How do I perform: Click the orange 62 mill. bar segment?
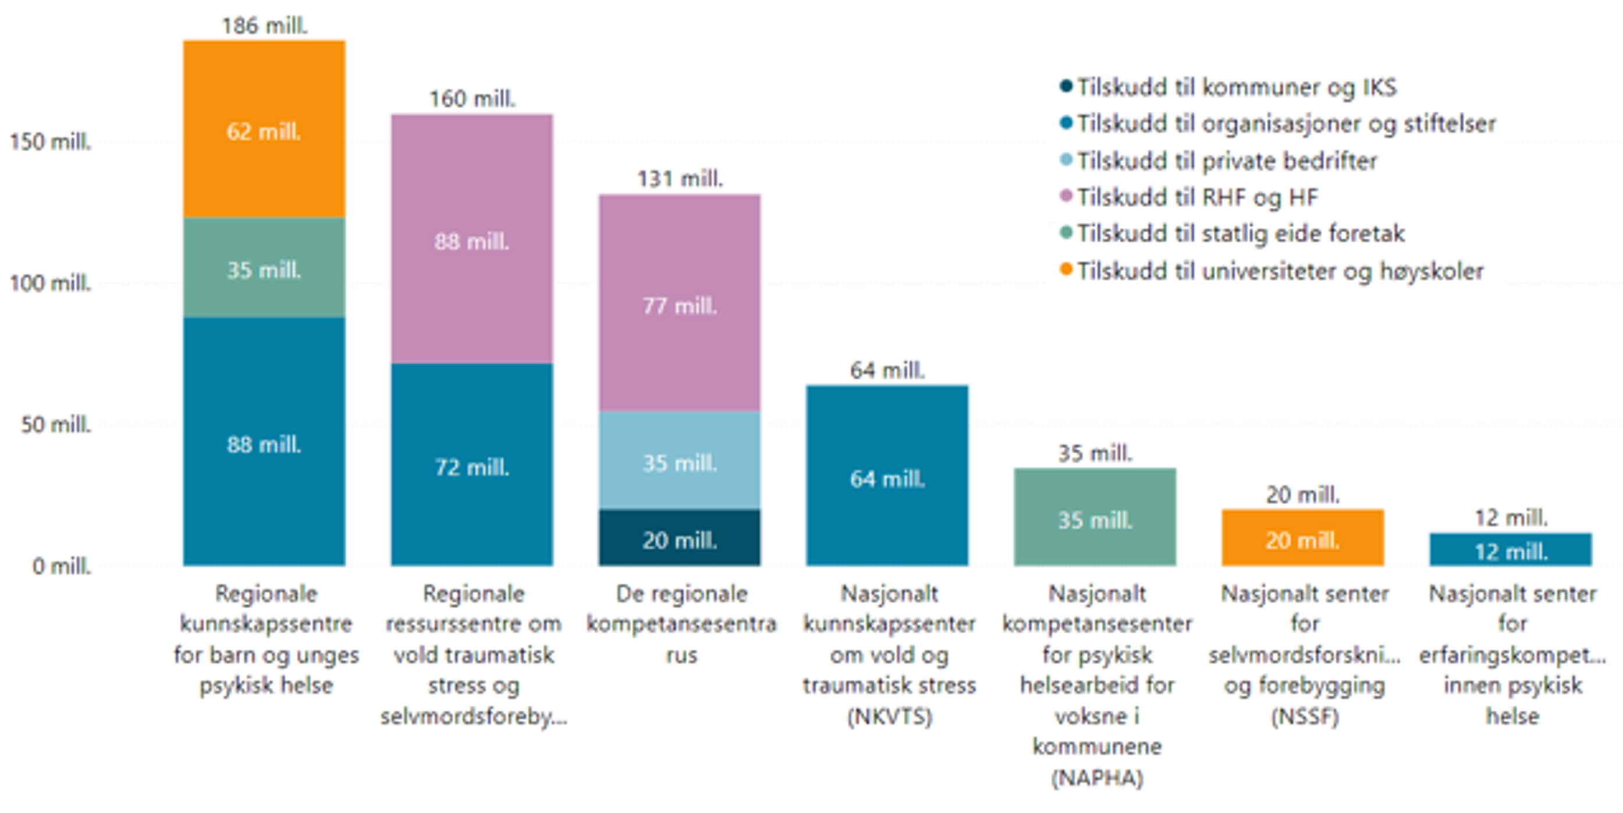click(x=264, y=129)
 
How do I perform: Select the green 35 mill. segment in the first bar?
click(x=264, y=268)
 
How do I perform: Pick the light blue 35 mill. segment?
click(x=679, y=460)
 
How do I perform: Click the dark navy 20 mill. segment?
click(x=679, y=538)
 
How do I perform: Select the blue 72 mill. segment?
click(x=472, y=464)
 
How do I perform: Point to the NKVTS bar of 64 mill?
click(x=887, y=476)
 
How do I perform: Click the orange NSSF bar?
click(x=1302, y=538)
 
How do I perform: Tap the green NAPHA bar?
click(x=1095, y=517)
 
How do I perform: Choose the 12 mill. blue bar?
click(x=1510, y=549)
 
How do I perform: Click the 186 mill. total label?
click(x=265, y=26)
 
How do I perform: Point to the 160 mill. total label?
click(x=473, y=99)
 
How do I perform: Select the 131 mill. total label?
click(x=680, y=179)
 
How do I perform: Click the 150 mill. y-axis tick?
click(x=51, y=142)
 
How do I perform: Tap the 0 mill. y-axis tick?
click(x=61, y=566)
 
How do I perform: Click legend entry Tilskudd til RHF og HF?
click(x=1197, y=197)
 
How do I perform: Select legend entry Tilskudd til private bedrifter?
click(x=1227, y=161)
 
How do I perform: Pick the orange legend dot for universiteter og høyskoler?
click(x=1066, y=270)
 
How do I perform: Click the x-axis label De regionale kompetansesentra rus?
click(x=681, y=624)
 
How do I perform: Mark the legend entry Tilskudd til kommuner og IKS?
click(x=1236, y=87)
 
